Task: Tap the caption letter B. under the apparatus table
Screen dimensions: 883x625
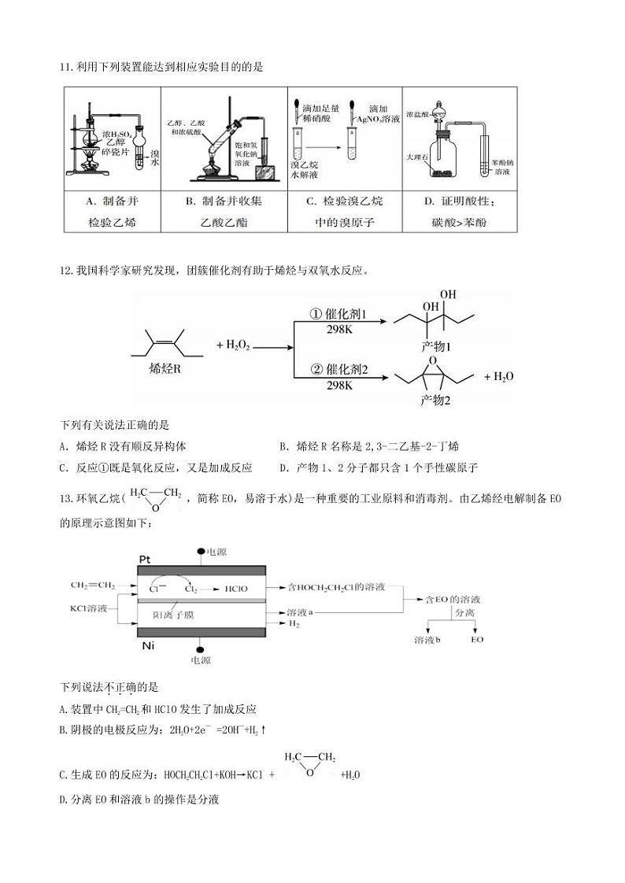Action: click(190, 201)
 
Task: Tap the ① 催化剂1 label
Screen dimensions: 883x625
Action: click(339, 313)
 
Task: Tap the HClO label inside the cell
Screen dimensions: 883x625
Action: click(236, 588)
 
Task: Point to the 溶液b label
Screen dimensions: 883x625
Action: click(426, 641)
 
